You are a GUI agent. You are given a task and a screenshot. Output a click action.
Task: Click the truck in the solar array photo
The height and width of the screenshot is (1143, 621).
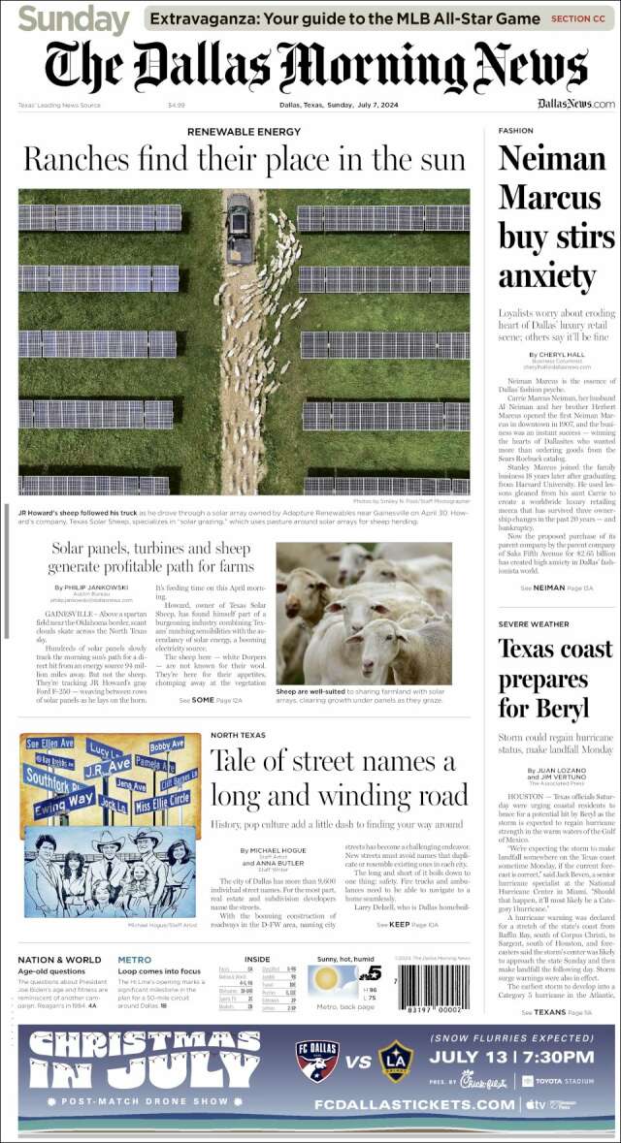tap(239, 230)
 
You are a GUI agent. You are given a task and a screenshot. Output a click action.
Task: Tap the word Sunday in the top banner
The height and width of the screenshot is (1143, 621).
tap(74, 18)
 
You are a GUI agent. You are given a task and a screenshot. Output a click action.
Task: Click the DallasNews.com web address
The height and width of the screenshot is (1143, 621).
tap(575, 104)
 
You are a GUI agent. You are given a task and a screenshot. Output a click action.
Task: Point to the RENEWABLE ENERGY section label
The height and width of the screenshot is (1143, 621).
tap(244, 131)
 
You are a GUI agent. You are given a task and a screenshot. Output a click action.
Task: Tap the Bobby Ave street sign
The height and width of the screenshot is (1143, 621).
tap(167, 745)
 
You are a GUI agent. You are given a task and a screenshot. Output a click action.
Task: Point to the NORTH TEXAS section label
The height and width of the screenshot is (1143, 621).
tap(238, 736)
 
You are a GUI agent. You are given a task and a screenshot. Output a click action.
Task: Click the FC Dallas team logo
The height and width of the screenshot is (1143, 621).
tap(315, 1061)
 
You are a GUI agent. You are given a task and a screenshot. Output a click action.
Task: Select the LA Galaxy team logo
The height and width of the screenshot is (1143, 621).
tap(396, 1061)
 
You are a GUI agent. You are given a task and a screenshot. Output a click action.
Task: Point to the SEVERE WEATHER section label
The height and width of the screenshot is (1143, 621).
tap(534, 623)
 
